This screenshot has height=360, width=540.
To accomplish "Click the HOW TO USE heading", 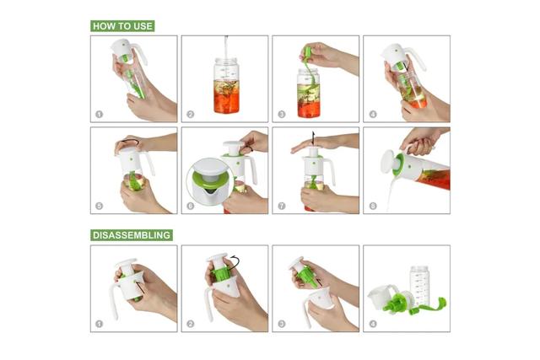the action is pyautogui.click(x=122, y=26).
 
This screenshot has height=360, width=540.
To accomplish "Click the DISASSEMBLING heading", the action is pyautogui.click(x=132, y=235).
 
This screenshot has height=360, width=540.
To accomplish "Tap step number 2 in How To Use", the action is pyautogui.click(x=191, y=115).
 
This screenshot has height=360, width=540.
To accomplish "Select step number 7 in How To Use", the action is pyautogui.click(x=281, y=207).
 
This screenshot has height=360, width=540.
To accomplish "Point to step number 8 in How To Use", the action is pyautogui.click(x=373, y=207).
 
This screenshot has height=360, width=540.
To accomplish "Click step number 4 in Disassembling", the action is pyautogui.click(x=373, y=324).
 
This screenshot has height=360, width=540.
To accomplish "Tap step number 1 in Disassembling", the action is pyautogui.click(x=100, y=324).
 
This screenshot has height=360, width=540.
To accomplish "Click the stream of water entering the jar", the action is pyautogui.click(x=226, y=47).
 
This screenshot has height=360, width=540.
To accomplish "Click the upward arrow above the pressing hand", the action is pyautogui.click(x=313, y=137).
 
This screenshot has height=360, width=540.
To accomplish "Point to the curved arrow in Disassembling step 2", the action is pyautogui.click(x=235, y=263).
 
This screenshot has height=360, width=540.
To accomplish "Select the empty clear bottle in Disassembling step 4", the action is pyautogui.click(x=419, y=285).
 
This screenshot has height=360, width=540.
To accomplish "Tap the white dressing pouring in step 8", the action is pyautogui.click(x=391, y=193).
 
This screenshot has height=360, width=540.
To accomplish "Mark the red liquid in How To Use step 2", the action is pyautogui.click(x=226, y=102).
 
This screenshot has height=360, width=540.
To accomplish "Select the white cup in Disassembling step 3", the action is pyautogui.click(x=321, y=298).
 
